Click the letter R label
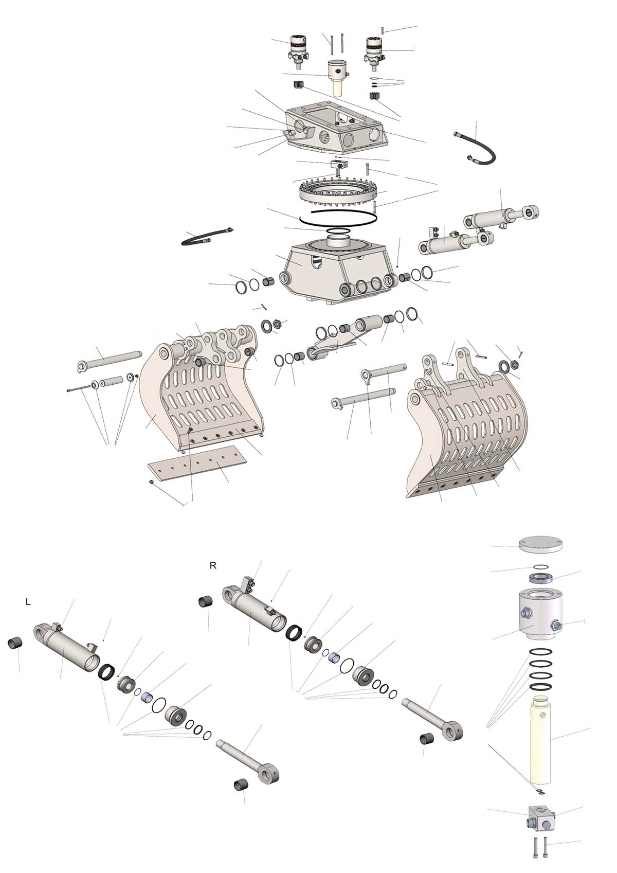(213, 566)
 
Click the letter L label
(28, 602)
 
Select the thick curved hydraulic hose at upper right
(475, 147)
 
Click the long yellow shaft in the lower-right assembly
(541, 740)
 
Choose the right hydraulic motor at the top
(374, 53)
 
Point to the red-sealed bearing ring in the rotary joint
(540, 579)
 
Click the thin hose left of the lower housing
(207, 237)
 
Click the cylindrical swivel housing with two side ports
(541, 614)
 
